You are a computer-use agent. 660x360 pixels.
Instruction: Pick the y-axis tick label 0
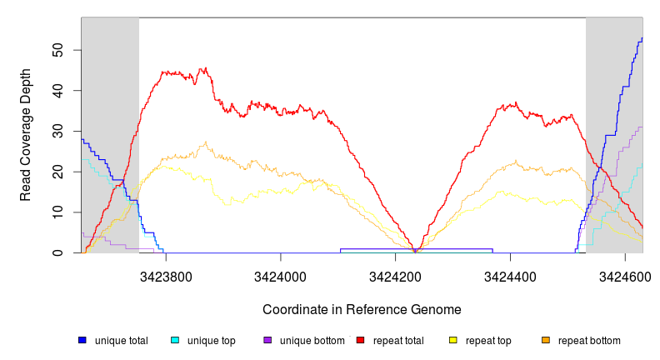(66, 253)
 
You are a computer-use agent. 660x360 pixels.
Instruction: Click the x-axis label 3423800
(166, 272)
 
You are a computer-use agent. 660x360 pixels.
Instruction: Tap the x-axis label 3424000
(281, 272)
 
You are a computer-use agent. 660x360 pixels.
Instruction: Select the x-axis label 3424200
(396, 272)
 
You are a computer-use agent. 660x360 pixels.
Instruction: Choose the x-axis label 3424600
(625, 272)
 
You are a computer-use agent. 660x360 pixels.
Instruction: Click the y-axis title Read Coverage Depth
(26, 135)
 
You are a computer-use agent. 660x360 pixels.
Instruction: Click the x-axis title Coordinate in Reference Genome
(362, 309)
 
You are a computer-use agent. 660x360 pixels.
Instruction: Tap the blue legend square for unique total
(82, 341)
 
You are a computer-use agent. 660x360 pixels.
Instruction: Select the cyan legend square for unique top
(175, 341)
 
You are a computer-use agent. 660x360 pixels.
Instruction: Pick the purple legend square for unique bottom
(267, 341)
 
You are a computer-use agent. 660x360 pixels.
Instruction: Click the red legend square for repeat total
(360, 341)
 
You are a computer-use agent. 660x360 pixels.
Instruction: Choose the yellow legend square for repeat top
(453, 341)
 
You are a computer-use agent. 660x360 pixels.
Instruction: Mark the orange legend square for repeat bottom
(546, 341)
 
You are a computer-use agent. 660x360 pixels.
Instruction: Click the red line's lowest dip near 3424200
(415, 251)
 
